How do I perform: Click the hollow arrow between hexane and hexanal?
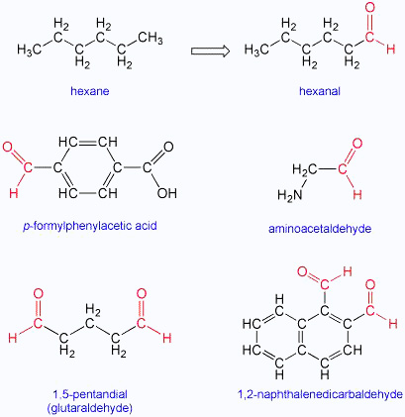tap(210, 51)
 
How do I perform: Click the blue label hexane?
tap(90, 91)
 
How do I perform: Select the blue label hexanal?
tap(320, 91)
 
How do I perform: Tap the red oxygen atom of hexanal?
tap(370, 8)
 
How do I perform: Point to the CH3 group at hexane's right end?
tap(151, 38)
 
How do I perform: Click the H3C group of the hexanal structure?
tap(256, 50)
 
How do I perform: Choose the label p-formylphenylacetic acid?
tap(90, 226)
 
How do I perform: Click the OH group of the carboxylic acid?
tap(167, 193)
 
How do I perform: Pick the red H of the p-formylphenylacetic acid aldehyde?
tap(14, 193)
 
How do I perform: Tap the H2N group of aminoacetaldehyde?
tap(290, 195)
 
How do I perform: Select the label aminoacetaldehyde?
tap(320, 229)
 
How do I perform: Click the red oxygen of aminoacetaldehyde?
tap(357, 144)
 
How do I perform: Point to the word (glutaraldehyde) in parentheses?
tap(89, 408)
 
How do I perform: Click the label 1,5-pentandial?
tap(90, 394)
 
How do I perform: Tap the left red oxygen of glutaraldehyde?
tap(39, 294)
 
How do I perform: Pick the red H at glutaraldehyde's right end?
tap(167, 338)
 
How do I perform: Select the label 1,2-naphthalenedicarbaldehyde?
tap(320, 394)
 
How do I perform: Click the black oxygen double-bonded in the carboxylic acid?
tap(168, 147)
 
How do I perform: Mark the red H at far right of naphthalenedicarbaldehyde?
tap(393, 324)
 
